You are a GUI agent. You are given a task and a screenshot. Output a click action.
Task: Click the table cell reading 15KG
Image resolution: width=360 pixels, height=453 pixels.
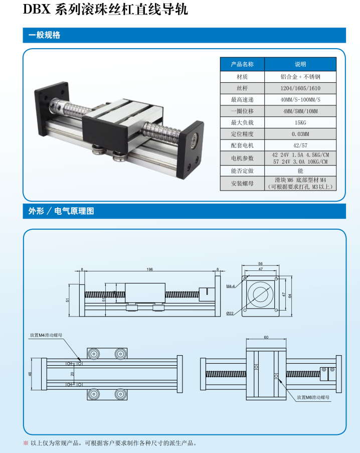pos(300,122)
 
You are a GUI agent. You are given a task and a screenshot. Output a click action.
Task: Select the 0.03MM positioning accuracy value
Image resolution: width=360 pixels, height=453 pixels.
pos(300,134)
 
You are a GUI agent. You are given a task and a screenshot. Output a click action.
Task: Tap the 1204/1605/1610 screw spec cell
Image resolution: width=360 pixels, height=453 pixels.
pos(300,88)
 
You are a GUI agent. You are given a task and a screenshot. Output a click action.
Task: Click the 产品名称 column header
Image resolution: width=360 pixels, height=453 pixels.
pos(242,64)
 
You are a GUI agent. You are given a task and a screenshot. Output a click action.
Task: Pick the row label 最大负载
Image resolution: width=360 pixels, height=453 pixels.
pos(242,122)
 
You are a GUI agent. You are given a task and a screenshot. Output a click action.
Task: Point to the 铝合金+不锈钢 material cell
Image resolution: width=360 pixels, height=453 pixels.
pos(300,77)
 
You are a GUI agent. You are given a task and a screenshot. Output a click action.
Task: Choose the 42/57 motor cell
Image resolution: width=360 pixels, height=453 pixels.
pos(300,145)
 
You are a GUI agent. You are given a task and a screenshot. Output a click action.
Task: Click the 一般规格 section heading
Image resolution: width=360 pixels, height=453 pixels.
pos(44,35)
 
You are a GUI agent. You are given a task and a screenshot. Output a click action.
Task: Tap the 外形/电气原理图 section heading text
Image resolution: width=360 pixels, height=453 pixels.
pos(61,211)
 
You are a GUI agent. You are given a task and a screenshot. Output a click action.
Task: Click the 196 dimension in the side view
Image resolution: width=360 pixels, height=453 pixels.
pos(149,269)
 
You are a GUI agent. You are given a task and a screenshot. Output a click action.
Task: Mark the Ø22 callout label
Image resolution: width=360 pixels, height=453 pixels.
pos(230,313)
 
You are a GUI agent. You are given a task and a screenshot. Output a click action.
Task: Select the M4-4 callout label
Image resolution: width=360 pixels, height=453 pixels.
pos(231,286)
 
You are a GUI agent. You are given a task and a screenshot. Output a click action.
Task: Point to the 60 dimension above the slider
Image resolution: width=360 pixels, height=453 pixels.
pos(266,337)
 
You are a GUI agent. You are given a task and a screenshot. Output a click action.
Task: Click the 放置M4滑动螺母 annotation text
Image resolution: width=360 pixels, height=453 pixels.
pos(46,335)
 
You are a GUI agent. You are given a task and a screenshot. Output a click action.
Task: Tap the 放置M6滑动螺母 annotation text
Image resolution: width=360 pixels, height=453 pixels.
pos(313,397)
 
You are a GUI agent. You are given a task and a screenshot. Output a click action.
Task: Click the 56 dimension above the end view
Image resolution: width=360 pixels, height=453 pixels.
pos(260,264)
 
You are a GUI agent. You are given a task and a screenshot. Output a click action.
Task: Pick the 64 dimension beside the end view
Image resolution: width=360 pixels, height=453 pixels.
pos(290,296)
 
